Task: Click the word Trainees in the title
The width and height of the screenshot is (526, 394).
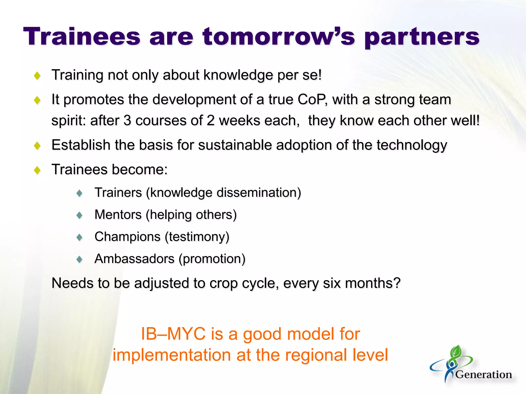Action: tap(82, 37)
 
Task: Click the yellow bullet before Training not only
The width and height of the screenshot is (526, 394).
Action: tap(37, 76)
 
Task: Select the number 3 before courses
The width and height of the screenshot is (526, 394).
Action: tap(127, 121)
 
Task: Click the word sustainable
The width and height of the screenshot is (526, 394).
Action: tap(235, 145)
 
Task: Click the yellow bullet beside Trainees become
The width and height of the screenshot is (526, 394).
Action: tap(37, 170)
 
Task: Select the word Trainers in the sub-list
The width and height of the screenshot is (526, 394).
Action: tap(118, 193)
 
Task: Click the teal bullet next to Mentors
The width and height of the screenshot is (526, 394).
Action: tap(79, 215)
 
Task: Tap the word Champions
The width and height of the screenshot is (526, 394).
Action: tap(127, 237)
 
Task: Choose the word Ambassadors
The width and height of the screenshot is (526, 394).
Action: tap(134, 259)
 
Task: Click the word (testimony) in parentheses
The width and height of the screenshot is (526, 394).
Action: tap(197, 237)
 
